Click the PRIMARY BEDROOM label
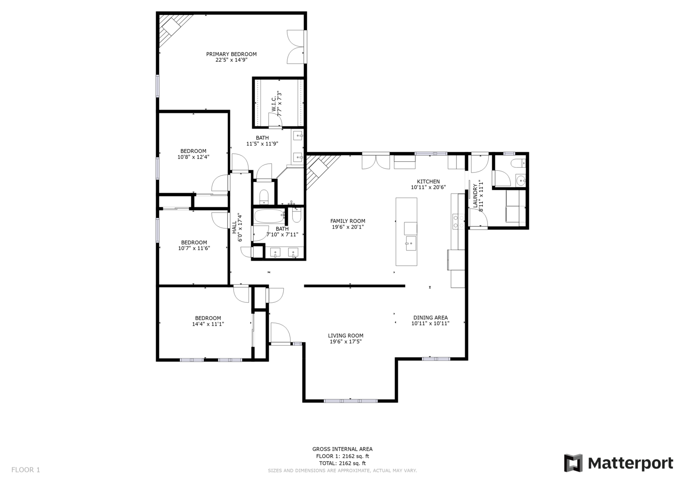point(231,54)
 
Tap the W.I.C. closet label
point(274,105)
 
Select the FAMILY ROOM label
point(348,221)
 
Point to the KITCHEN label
point(428,181)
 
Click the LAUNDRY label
point(475,196)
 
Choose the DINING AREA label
point(430,318)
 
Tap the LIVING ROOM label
point(346,336)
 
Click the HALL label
point(234,228)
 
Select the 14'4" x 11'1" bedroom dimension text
point(208,324)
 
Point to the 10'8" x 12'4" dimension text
point(193,157)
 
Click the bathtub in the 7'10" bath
point(270,216)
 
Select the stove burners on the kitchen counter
point(459,222)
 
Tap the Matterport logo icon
point(573,463)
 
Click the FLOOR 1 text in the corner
point(26,470)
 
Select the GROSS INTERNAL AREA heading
point(342,449)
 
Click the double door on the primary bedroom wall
point(295,47)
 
